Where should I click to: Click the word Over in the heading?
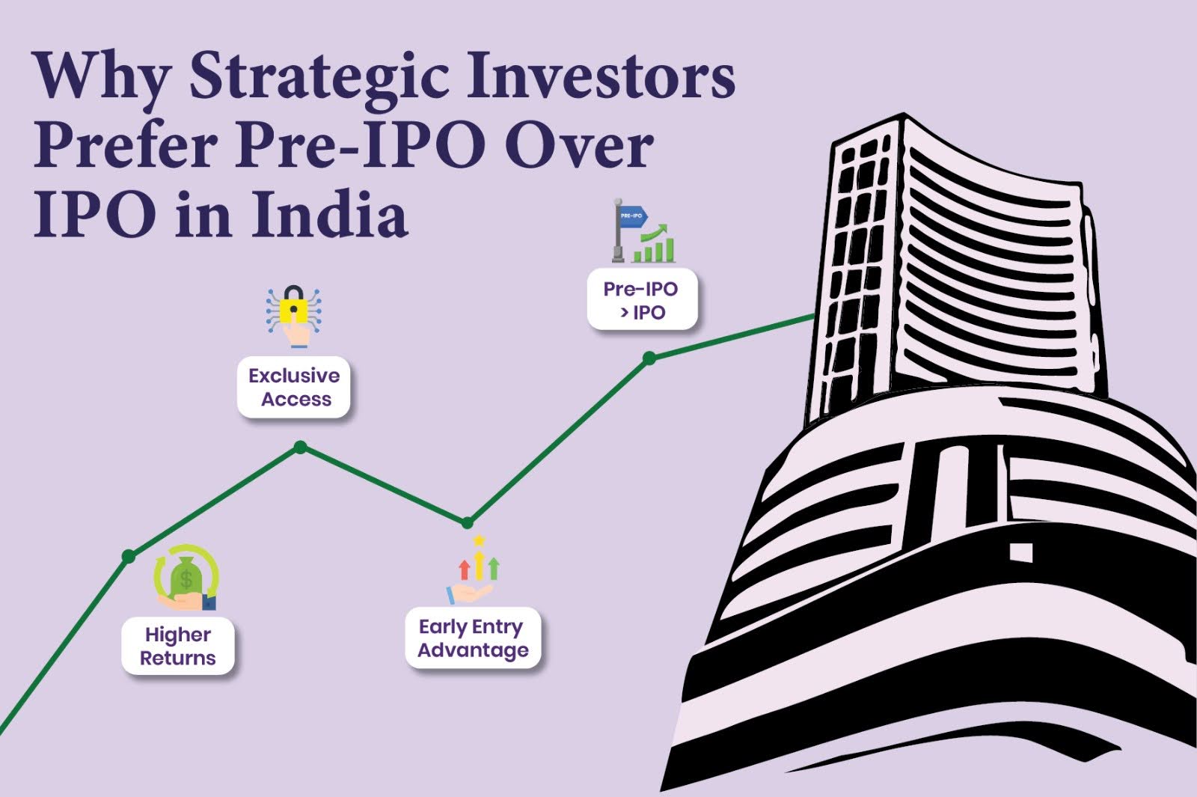click(x=578, y=146)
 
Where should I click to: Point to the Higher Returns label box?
click(x=178, y=647)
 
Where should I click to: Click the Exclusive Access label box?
click(x=294, y=387)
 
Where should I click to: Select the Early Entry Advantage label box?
click(x=473, y=638)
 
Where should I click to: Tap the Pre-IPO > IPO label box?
click(x=641, y=300)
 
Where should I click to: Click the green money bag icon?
click(x=186, y=577)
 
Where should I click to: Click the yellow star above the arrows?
click(x=480, y=540)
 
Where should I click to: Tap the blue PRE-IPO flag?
click(x=633, y=216)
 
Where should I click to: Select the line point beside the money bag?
click(x=129, y=556)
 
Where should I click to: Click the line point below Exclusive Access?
click(x=300, y=448)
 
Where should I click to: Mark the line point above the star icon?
click(x=468, y=522)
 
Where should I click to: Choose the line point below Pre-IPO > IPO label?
click(x=649, y=358)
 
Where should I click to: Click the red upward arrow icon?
click(x=464, y=568)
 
